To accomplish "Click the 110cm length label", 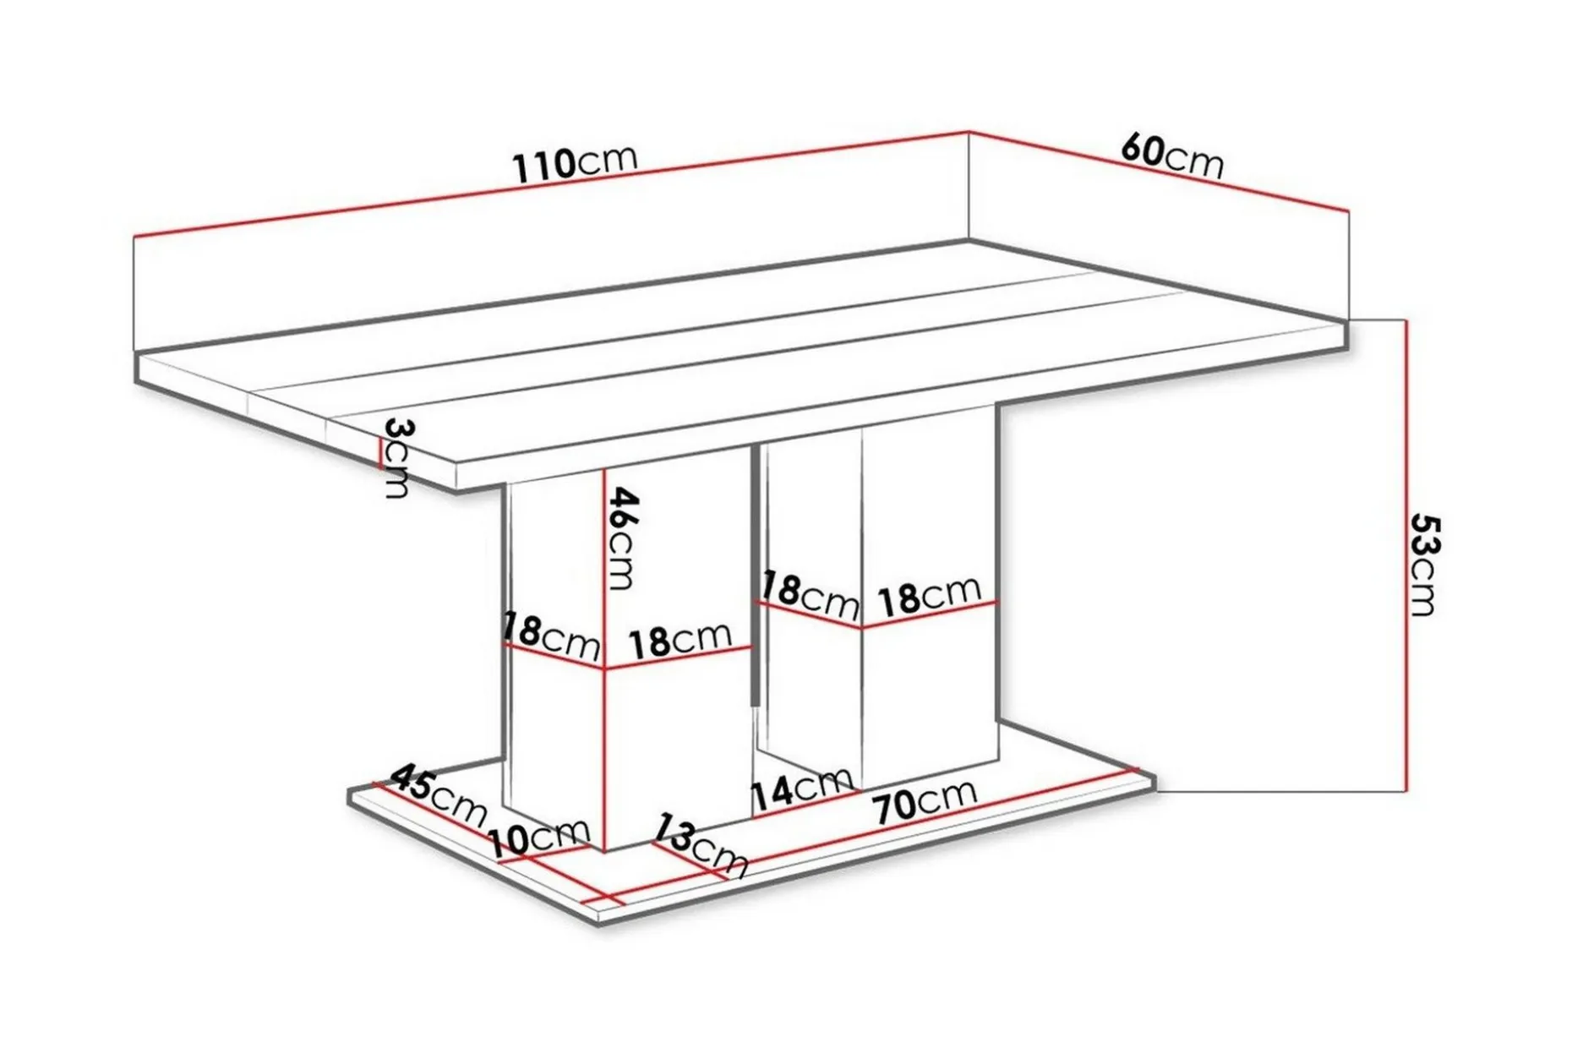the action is click(x=575, y=164).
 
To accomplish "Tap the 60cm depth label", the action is click(x=1172, y=156).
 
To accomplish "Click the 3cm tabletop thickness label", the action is click(x=396, y=457).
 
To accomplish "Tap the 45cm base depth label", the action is click(x=439, y=794).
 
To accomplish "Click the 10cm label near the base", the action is click(x=538, y=839).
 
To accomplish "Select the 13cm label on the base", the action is click(x=702, y=846).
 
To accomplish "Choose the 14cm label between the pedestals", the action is click(x=801, y=789).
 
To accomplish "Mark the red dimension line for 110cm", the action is click(x=551, y=183).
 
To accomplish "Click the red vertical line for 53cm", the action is click(x=1406, y=555).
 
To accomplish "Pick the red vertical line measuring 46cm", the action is click(x=606, y=660).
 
